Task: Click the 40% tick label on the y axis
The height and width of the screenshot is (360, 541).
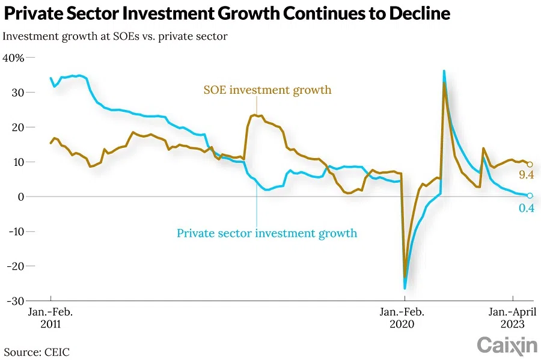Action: (13, 58)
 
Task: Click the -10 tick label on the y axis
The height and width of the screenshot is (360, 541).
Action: (12, 231)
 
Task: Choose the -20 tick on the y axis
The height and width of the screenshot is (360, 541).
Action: (12, 266)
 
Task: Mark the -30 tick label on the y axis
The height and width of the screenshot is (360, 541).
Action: (12, 301)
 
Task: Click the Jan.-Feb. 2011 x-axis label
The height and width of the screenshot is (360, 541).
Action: (50, 317)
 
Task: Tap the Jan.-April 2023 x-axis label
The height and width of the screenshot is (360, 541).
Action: (512, 317)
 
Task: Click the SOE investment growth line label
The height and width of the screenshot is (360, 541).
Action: (267, 90)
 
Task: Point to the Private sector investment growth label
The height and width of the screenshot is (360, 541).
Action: (267, 233)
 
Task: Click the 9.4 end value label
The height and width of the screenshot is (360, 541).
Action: (527, 175)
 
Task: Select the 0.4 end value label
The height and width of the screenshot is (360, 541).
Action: (527, 208)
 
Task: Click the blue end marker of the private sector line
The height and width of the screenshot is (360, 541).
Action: (530, 195)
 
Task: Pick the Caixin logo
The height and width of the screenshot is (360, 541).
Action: (507, 345)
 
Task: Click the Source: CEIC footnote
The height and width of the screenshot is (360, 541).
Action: (37, 352)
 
